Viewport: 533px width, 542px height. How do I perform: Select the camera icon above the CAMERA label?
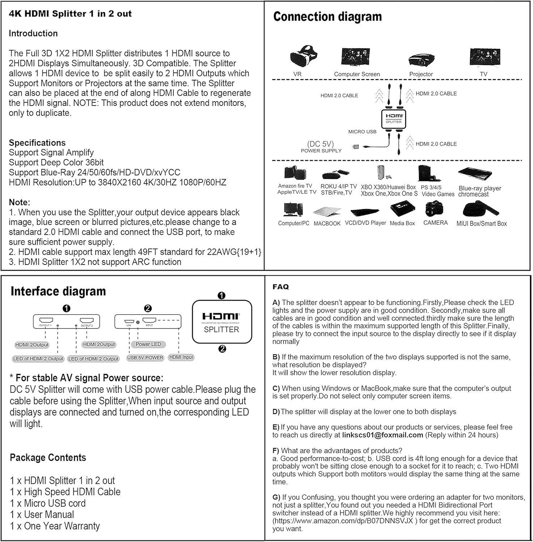434,209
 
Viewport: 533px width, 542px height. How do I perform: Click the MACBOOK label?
327,224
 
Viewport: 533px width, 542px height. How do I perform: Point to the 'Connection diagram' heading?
327,17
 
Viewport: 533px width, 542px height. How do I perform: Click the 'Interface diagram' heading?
58,291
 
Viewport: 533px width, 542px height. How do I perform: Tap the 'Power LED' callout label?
148,344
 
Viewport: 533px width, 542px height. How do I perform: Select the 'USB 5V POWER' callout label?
145,358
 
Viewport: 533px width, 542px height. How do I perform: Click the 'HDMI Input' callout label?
181,357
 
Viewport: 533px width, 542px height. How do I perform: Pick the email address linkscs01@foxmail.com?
382,435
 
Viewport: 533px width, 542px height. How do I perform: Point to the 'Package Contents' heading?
48,458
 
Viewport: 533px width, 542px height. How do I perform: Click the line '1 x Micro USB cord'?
48,503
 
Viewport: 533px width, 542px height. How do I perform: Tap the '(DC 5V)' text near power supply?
320,144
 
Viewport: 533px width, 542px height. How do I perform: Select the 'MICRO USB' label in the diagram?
362,132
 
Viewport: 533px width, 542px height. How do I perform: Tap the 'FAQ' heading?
281,287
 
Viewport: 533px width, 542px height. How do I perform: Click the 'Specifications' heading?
37,143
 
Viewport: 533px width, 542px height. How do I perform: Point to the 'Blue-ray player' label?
480,188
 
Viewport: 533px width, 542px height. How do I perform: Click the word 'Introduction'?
33,34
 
